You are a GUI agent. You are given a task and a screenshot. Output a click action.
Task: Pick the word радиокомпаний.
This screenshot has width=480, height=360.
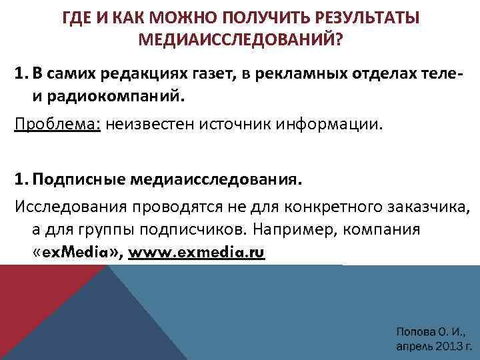[123, 95]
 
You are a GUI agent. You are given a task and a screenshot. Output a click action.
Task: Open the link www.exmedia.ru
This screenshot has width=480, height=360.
[197, 253]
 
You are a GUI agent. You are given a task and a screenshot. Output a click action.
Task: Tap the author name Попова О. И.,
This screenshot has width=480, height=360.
[431, 331]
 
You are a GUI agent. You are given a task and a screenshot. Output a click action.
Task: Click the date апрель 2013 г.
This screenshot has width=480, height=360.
[434, 347]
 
